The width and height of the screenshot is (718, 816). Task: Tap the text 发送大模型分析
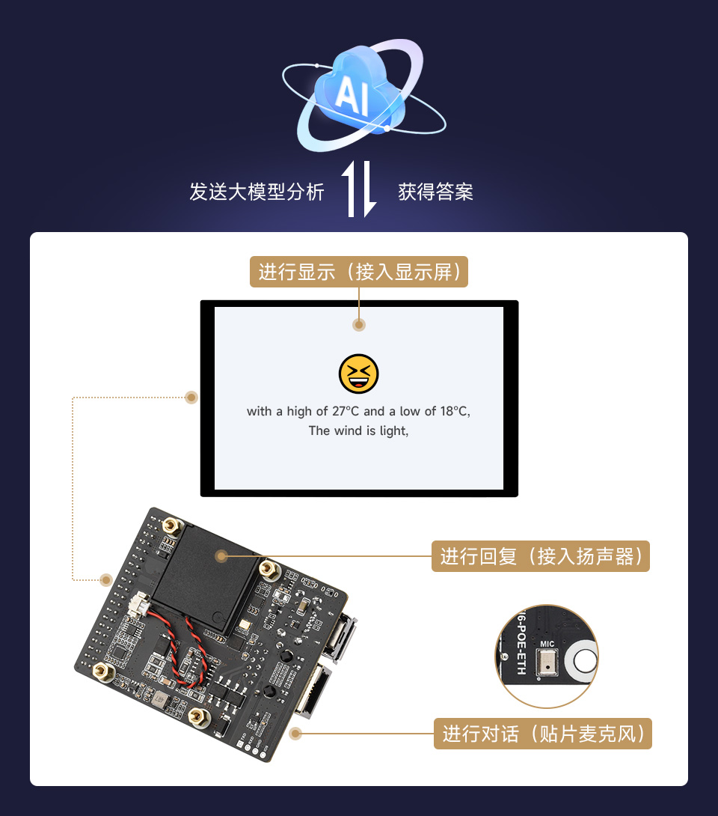257,192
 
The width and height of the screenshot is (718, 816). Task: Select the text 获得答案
435,192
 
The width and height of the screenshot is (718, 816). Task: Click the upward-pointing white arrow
350,189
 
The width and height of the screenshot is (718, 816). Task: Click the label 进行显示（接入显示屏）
358,272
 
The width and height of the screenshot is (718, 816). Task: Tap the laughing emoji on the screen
359,374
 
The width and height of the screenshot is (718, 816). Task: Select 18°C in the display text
453,411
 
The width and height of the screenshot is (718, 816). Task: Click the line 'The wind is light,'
358,430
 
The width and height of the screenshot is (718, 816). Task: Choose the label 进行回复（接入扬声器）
540,556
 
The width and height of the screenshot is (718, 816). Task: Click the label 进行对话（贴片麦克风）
542,734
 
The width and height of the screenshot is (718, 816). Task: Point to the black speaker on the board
206,573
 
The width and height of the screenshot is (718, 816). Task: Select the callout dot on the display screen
359,324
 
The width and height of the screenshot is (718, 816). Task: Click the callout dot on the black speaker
221,555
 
